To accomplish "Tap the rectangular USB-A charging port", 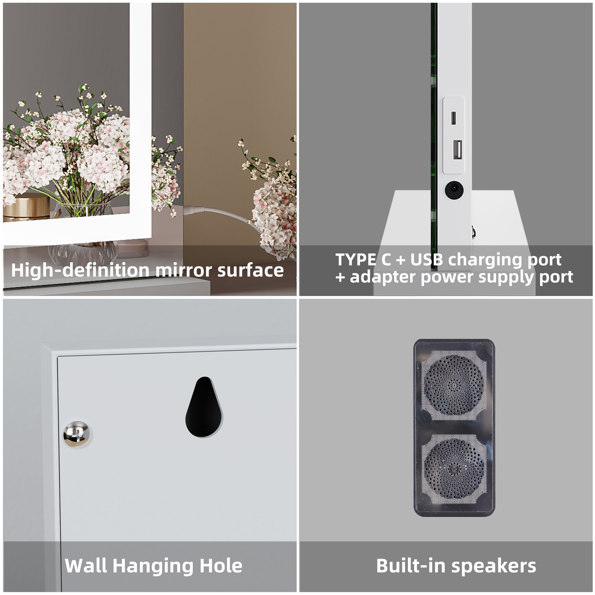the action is click(457, 150).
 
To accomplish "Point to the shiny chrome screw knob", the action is click(76, 434).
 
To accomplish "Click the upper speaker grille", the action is click(454, 385).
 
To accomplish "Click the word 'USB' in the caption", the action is click(426, 259).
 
